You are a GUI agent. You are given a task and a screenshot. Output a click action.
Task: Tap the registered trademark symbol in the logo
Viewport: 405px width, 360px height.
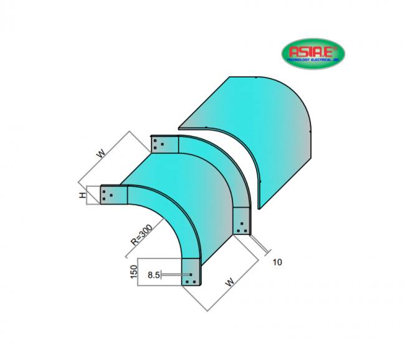point(335,47)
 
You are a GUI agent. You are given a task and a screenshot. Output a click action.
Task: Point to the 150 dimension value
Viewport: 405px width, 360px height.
point(132,272)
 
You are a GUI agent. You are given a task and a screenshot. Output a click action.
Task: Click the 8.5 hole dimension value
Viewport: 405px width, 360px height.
point(154,274)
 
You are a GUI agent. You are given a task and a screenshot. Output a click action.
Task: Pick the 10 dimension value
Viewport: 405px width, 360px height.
point(277,262)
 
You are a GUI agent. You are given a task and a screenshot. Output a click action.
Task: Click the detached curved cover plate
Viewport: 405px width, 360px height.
point(268,131)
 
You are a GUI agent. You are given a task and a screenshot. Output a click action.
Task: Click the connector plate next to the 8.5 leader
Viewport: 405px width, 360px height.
point(192,275)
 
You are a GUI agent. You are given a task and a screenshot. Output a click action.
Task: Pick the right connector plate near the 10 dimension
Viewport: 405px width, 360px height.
point(243,222)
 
